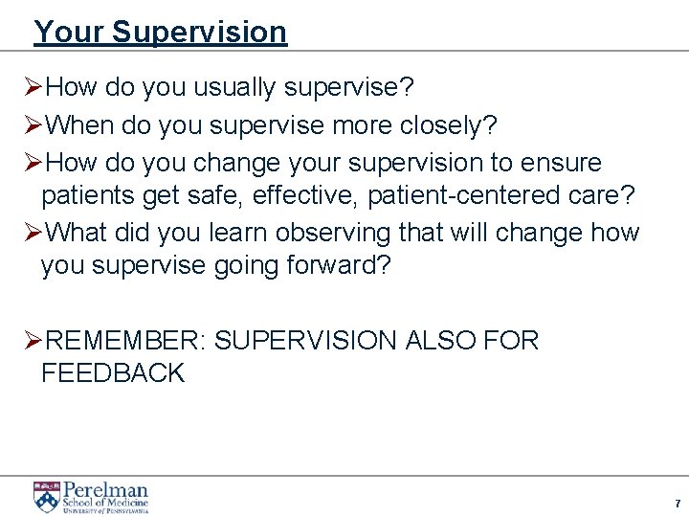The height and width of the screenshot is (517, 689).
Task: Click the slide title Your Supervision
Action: (x=160, y=32)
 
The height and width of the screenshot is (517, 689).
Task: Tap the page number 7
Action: (x=677, y=504)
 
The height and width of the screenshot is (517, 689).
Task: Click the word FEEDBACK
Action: (x=113, y=373)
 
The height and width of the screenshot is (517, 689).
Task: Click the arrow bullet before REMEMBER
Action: (x=32, y=340)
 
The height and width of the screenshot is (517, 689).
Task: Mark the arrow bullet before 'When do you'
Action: (x=32, y=125)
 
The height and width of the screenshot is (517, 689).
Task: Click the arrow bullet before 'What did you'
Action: (x=32, y=233)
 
